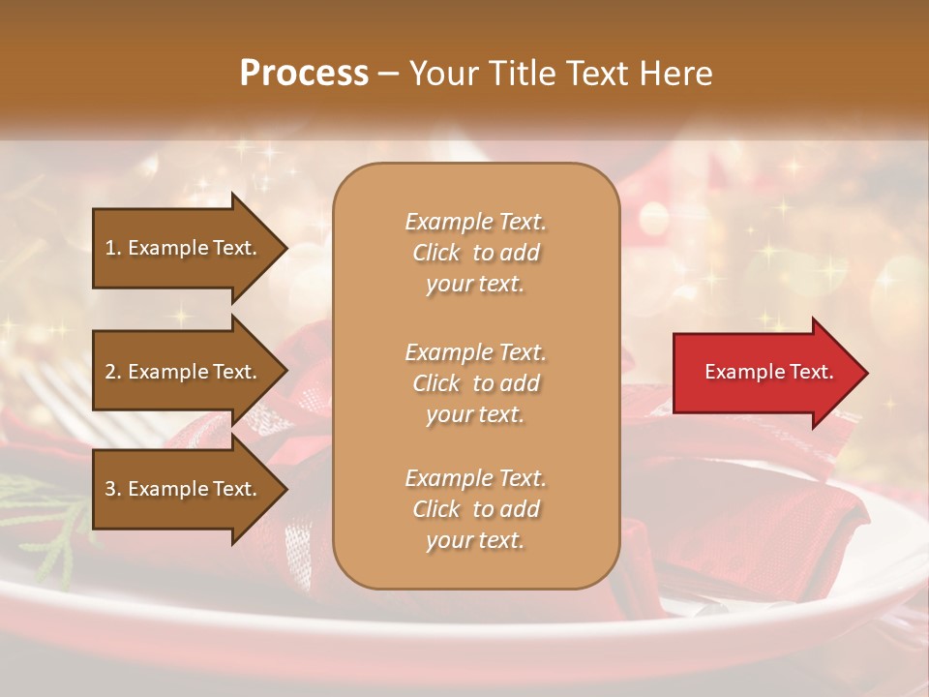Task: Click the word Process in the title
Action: (304, 74)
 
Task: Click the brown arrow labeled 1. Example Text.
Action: (184, 248)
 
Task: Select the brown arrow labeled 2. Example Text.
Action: (184, 372)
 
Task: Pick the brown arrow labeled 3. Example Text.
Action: (184, 489)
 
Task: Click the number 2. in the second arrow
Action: (113, 372)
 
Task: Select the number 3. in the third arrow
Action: (113, 489)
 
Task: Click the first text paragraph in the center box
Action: (475, 253)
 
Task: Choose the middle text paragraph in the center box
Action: (475, 383)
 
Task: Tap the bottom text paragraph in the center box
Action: (475, 509)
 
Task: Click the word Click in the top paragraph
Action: (436, 253)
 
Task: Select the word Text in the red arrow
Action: (811, 372)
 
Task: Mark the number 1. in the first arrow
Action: (112, 248)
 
